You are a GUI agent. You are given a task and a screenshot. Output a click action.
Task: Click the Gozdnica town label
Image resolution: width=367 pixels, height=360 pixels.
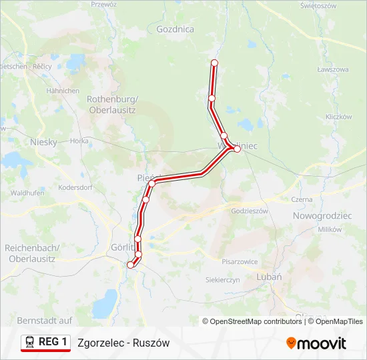[175, 29]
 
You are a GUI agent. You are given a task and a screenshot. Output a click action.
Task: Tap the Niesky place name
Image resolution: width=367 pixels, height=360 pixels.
[44, 142]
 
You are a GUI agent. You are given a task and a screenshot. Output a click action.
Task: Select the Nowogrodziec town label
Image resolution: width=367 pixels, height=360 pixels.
[323, 216]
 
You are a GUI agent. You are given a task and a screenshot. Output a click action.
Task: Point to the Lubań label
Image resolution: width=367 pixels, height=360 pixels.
[269, 277]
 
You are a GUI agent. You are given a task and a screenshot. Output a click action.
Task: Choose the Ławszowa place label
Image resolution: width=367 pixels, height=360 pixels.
[333, 69]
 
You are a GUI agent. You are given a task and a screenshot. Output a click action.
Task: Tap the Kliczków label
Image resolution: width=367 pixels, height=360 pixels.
[338, 117]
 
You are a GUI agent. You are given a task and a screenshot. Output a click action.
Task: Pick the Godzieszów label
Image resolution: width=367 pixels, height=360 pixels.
[249, 211]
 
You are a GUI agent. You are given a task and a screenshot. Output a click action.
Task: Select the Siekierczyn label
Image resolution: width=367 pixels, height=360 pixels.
[223, 280]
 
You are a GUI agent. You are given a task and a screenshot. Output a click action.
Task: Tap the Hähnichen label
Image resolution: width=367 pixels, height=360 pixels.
[63, 91]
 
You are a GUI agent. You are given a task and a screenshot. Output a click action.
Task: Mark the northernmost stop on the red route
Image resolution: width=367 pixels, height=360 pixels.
[215, 63]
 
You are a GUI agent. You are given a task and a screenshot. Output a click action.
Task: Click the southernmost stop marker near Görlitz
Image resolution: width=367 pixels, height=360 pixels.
[131, 265]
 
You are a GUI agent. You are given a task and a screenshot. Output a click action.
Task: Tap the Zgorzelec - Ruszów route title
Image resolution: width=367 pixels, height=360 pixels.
[123, 343]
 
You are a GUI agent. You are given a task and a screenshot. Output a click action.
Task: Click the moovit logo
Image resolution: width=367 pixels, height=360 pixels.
[316, 343]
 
